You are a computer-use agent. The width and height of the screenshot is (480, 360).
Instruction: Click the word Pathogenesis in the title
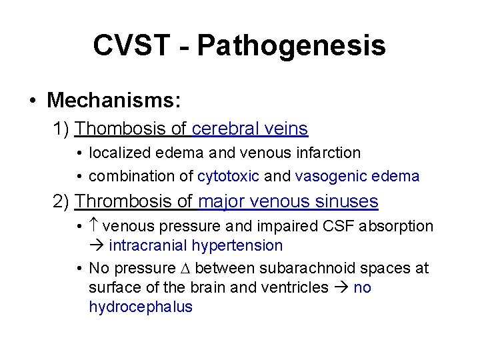tap(291, 46)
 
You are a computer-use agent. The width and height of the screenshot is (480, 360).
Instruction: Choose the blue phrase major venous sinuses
tap(288, 201)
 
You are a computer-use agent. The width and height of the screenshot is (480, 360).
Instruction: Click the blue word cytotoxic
tap(229, 177)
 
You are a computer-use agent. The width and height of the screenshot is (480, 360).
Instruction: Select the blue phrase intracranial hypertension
tap(195, 245)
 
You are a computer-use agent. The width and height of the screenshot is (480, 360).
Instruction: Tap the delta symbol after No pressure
tap(185, 268)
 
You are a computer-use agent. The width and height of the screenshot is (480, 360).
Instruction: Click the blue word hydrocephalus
tap(141, 307)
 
